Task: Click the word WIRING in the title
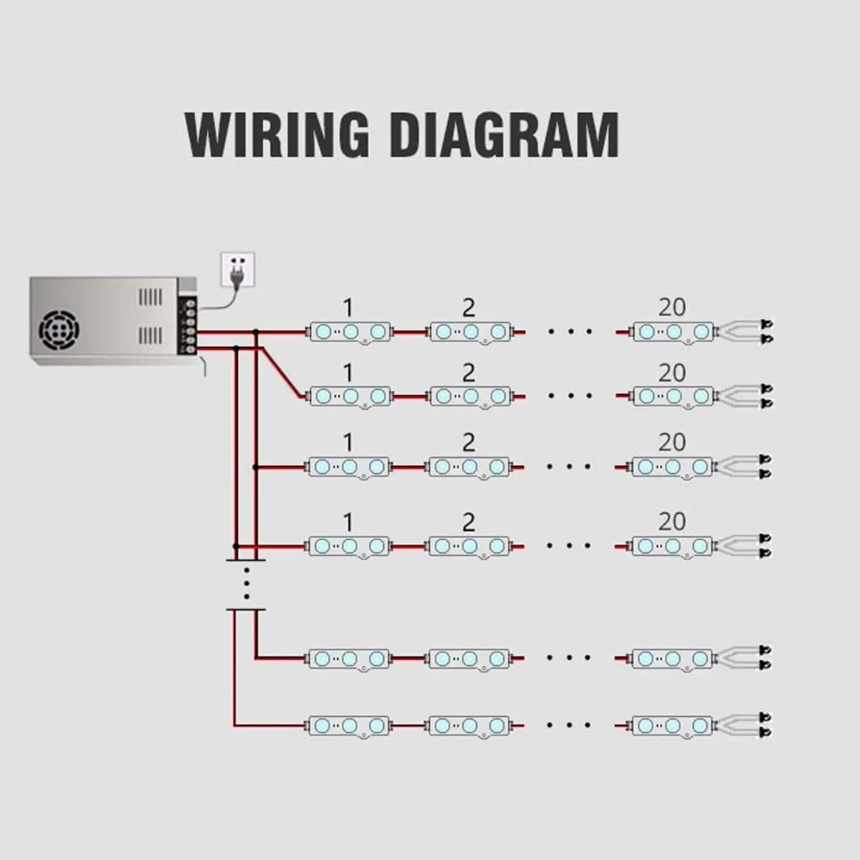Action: click(x=277, y=134)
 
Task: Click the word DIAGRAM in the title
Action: click(x=505, y=134)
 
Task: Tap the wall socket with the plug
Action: click(x=238, y=269)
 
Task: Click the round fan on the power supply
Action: click(x=59, y=330)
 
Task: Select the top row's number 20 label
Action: click(x=672, y=307)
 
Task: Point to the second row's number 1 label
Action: click(x=348, y=373)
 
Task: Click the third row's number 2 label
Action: click(x=469, y=442)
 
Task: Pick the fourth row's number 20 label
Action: click(x=672, y=521)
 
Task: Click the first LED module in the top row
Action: click(x=350, y=333)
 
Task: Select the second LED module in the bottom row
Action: click(x=469, y=726)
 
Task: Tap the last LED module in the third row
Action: click(x=672, y=467)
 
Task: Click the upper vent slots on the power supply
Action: click(x=150, y=297)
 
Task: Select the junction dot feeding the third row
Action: click(x=255, y=467)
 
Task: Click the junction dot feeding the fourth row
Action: click(x=236, y=546)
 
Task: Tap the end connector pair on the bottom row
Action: click(x=766, y=725)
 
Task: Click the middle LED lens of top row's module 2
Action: click(x=471, y=332)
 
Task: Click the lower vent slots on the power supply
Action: click(x=150, y=335)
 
